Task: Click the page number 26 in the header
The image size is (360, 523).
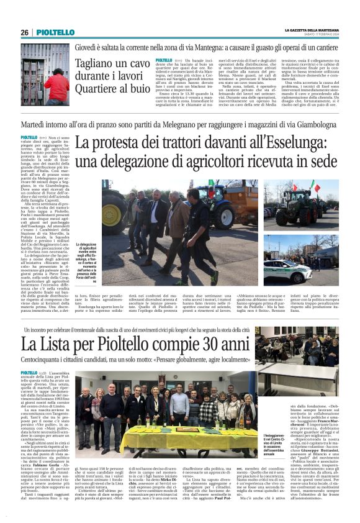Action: click(25, 32)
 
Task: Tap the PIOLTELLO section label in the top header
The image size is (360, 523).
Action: click(55, 32)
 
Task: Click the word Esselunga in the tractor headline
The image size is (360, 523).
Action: click(284, 145)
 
